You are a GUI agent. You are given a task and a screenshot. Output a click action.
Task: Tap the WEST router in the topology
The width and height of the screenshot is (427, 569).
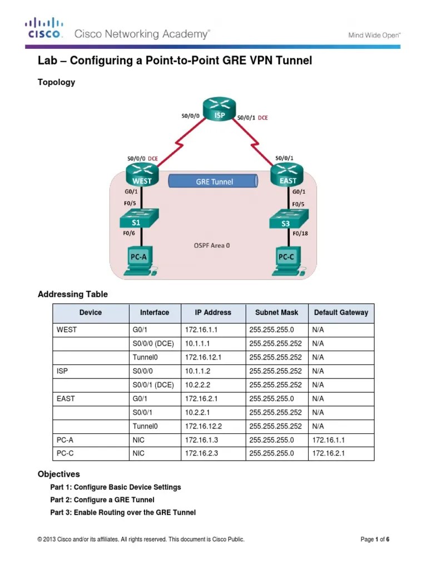coord(142,174)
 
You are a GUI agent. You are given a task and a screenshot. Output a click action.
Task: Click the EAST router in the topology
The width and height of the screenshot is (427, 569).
coord(287,174)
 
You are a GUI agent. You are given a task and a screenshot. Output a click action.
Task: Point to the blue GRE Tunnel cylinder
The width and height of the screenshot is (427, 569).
coord(214,181)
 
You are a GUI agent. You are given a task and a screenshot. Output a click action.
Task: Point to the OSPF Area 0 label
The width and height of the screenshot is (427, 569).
coord(211,245)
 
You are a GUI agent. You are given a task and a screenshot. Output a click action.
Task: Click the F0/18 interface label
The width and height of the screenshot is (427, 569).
coord(300,234)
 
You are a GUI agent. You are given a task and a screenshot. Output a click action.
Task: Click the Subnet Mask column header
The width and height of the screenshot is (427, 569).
coord(276,312)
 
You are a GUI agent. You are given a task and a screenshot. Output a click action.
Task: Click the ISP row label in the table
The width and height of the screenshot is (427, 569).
coord(62,371)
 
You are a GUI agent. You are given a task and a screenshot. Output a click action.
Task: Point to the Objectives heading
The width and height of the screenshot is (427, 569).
coord(58,474)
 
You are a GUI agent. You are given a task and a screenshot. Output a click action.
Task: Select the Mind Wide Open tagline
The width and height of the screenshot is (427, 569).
coord(374,34)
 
